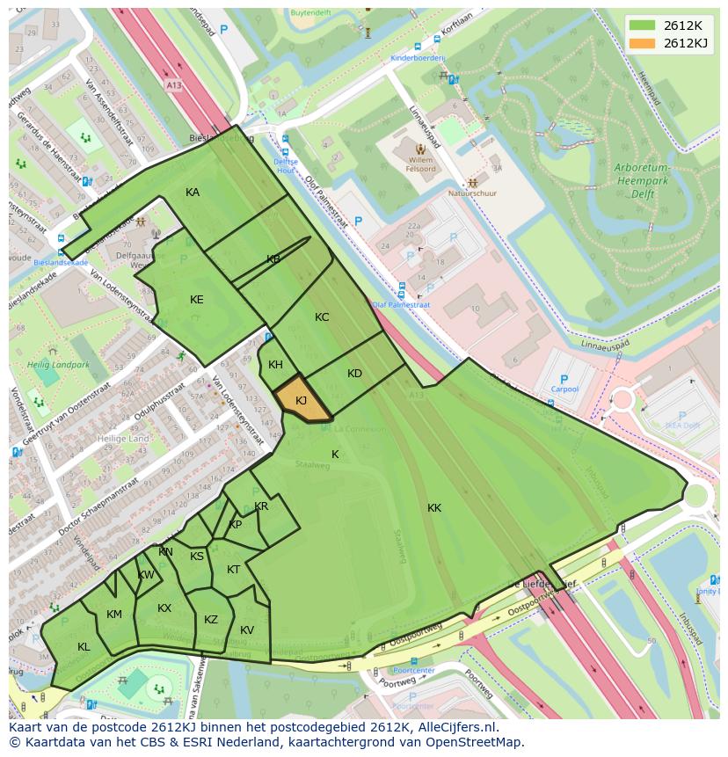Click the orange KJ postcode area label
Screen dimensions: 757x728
point(301,401)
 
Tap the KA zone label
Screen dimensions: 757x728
point(193,193)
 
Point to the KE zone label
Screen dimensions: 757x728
point(196,300)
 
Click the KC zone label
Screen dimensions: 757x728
point(322,317)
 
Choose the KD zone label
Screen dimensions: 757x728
point(354,374)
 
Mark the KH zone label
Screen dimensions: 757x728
point(275,365)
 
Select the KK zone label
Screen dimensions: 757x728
point(434,508)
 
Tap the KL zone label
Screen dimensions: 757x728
point(84,647)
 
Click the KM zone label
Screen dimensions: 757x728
point(114,615)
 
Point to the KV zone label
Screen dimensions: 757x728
point(247,630)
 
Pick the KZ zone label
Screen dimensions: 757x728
point(211,620)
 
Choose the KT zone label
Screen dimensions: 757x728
point(233,570)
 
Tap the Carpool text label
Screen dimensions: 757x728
point(564,389)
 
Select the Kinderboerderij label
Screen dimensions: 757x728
point(419,58)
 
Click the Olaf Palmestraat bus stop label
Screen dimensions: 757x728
point(401,305)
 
